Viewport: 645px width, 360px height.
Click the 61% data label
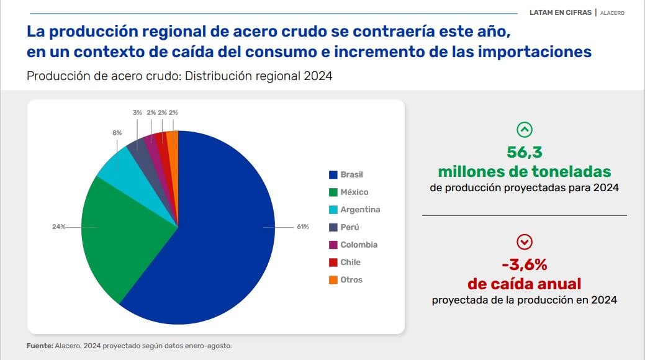pyautogui.click(x=302, y=227)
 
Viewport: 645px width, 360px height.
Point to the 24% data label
pyautogui.click(x=58, y=227)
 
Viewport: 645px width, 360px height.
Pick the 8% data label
pyautogui.click(x=117, y=133)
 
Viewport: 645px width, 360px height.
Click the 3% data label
pyautogui.click(x=137, y=113)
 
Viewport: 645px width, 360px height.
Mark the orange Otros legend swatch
pyautogui.click(x=333, y=280)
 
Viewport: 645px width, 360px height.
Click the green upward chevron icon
pyautogui.click(x=525, y=130)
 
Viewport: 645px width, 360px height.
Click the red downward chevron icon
pyautogui.click(x=525, y=242)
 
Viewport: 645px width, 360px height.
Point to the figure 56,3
pyautogui.click(x=525, y=152)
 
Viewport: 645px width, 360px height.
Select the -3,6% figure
pyautogui.click(x=525, y=265)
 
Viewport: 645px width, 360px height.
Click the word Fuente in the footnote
pyautogui.click(x=39, y=346)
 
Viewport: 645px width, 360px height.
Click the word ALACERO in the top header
pyautogui.click(x=612, y=13)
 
